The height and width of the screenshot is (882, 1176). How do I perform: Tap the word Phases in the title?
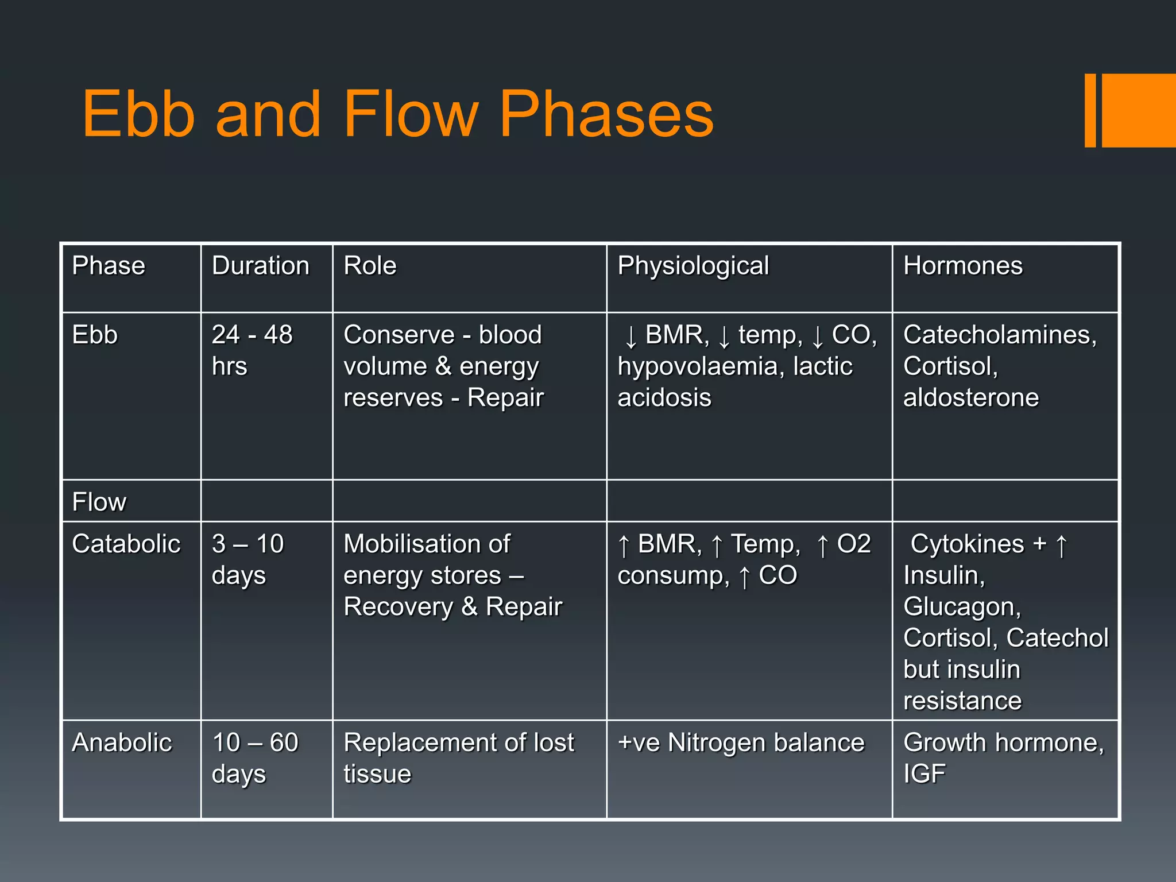click(606, 115)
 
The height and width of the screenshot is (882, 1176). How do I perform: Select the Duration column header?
click(260, 266)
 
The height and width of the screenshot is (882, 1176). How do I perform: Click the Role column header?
click(370, 266)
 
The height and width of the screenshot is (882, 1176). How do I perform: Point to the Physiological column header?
click(693, 266)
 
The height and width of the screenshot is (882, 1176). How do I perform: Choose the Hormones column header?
click(962, 266)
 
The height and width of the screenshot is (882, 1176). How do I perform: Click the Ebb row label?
click(95, 335)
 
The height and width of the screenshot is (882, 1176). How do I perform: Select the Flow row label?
click(99, 502)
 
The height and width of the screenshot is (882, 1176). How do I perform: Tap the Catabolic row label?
click(126, 544)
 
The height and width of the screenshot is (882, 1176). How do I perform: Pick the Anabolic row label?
click(122, 742)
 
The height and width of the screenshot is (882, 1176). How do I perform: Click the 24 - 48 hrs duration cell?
click(252, 350)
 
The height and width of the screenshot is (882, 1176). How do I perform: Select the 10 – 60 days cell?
click(254, 758)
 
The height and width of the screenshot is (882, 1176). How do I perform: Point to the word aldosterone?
click(970, 397)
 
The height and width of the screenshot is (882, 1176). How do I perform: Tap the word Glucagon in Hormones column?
click(962, 607)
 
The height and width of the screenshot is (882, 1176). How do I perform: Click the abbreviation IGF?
click(924, 774)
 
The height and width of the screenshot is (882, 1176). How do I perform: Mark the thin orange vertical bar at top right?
click(1090, 110)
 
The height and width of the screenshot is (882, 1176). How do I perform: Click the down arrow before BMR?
click(630, 336)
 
